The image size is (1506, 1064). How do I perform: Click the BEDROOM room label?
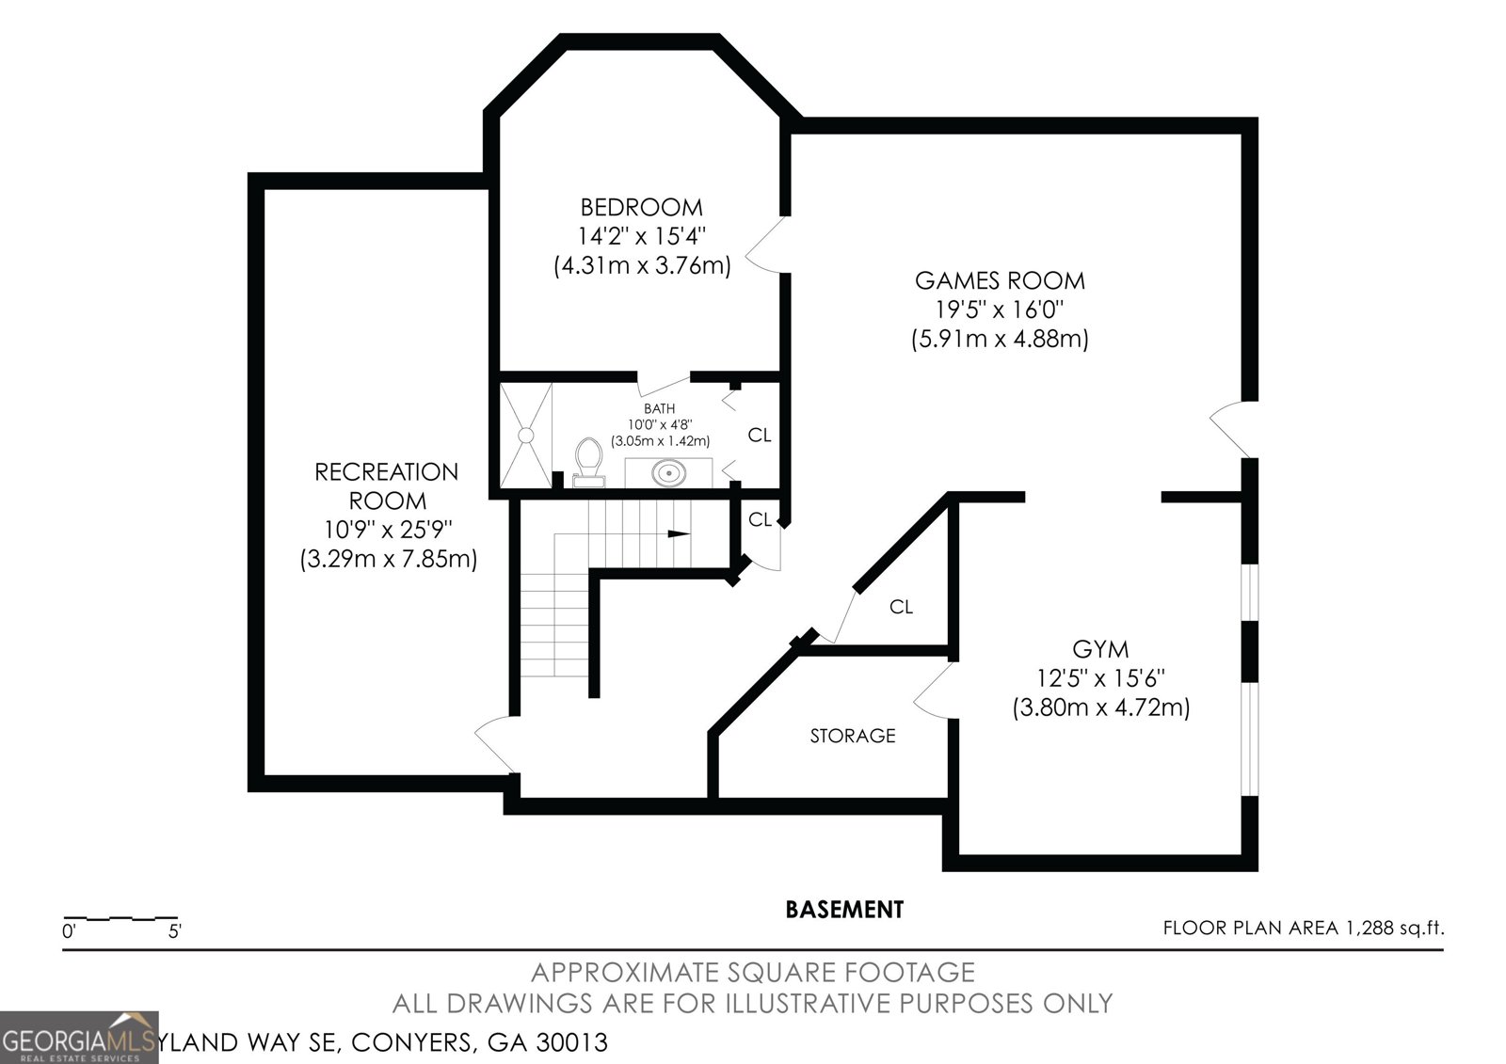(x=641, y=207)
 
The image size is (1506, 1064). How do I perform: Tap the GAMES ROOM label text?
(x=1000, y=280)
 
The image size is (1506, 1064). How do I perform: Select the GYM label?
(x=1100, y=649)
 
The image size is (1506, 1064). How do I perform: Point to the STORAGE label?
(x=853, y=736)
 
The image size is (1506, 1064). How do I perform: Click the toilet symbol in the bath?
(x=589, y=460)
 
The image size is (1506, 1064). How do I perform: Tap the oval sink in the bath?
(x=668, y=472)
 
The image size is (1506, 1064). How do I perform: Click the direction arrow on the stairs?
(x=677, y=534)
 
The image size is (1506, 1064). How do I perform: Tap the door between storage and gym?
(x=935, y=692)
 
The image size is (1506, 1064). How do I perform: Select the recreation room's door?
(x=496, y=743)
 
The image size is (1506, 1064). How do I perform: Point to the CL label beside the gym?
(x=901, y=608)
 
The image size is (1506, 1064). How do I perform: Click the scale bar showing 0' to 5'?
(x=120, y=918)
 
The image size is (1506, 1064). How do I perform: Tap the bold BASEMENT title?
(x=844, y=910)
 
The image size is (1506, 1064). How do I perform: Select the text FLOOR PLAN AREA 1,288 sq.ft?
(x=1303, y=929)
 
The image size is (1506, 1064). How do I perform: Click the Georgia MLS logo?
(x=79, y=1038)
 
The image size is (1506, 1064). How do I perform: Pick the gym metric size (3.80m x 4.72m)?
(x=1100, y=707)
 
